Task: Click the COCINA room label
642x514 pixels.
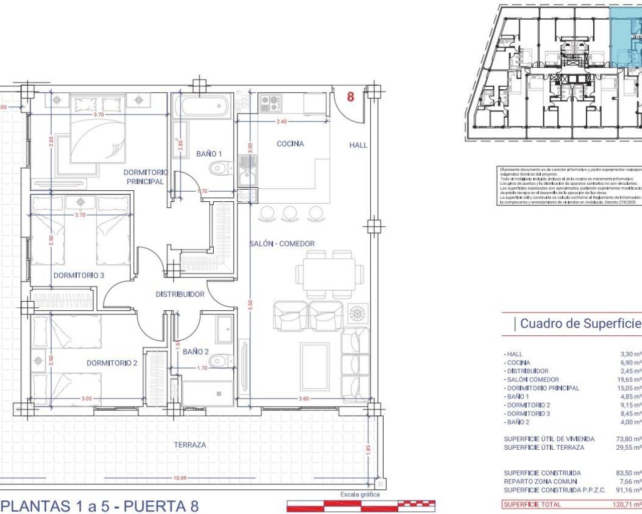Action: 290,144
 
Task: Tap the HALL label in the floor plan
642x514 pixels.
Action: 358,145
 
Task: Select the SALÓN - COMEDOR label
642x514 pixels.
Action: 282,243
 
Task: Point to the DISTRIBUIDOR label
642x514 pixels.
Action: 180,294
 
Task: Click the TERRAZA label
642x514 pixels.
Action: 190,445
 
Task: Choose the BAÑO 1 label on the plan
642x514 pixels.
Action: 209,154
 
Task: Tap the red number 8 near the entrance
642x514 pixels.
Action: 351,96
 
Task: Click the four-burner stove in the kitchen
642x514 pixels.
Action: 270,103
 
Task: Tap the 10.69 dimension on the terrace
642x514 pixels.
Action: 180,478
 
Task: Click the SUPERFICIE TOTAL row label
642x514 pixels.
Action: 532,504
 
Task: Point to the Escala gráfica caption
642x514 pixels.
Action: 360,494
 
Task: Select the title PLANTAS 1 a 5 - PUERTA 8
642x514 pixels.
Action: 100,505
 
